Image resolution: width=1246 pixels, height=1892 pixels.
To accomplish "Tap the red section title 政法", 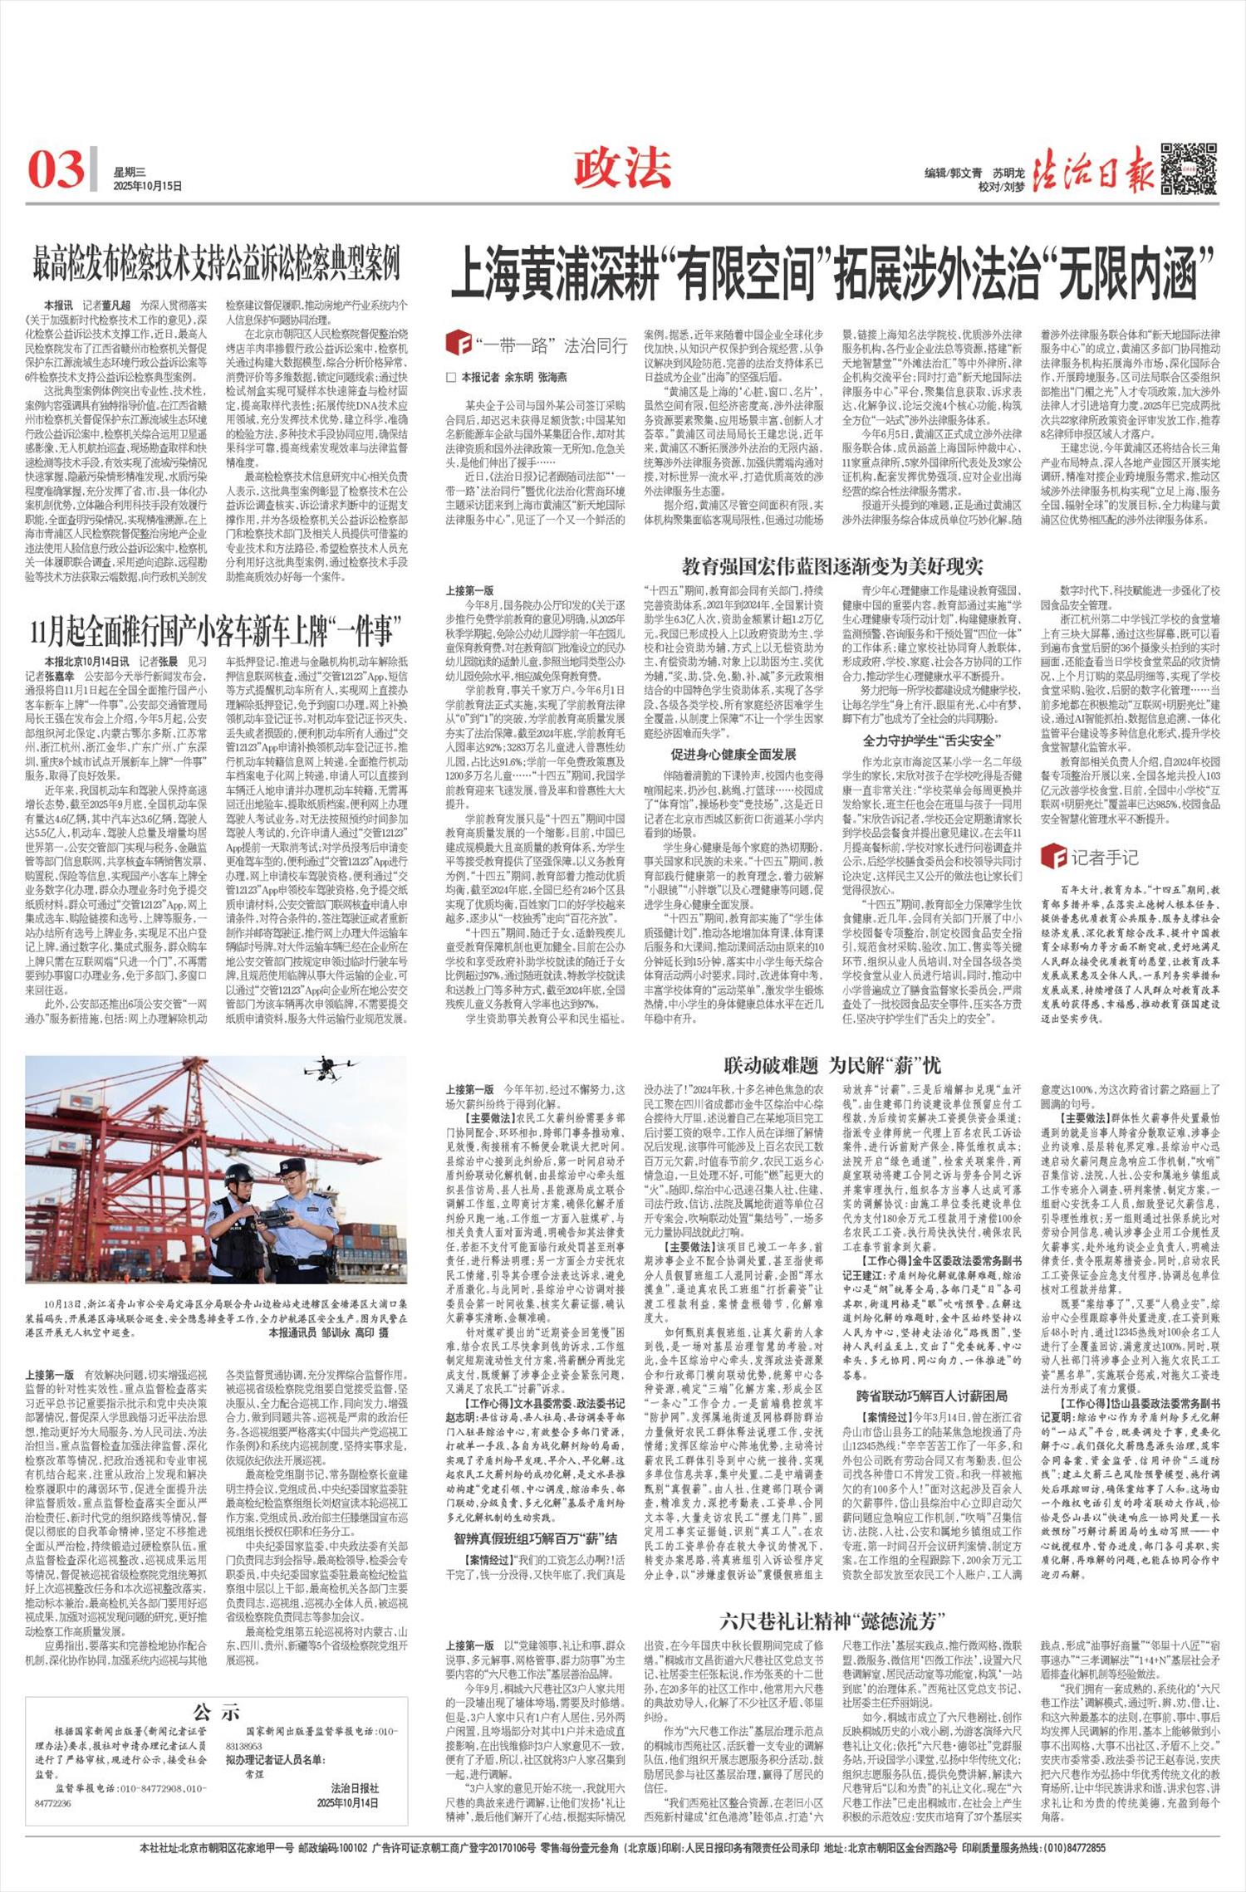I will click(622, 168).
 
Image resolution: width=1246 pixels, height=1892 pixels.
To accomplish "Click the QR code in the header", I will click(1189, 169).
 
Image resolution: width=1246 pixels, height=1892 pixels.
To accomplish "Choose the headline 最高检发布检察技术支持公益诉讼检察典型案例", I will click(216, 264).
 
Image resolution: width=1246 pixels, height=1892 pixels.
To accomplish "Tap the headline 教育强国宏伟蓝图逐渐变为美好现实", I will click(832, 567).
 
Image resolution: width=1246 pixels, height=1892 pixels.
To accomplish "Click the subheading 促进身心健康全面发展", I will click(733, 754).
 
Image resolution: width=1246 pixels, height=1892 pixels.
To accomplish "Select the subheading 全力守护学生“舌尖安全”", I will click(930, 740).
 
